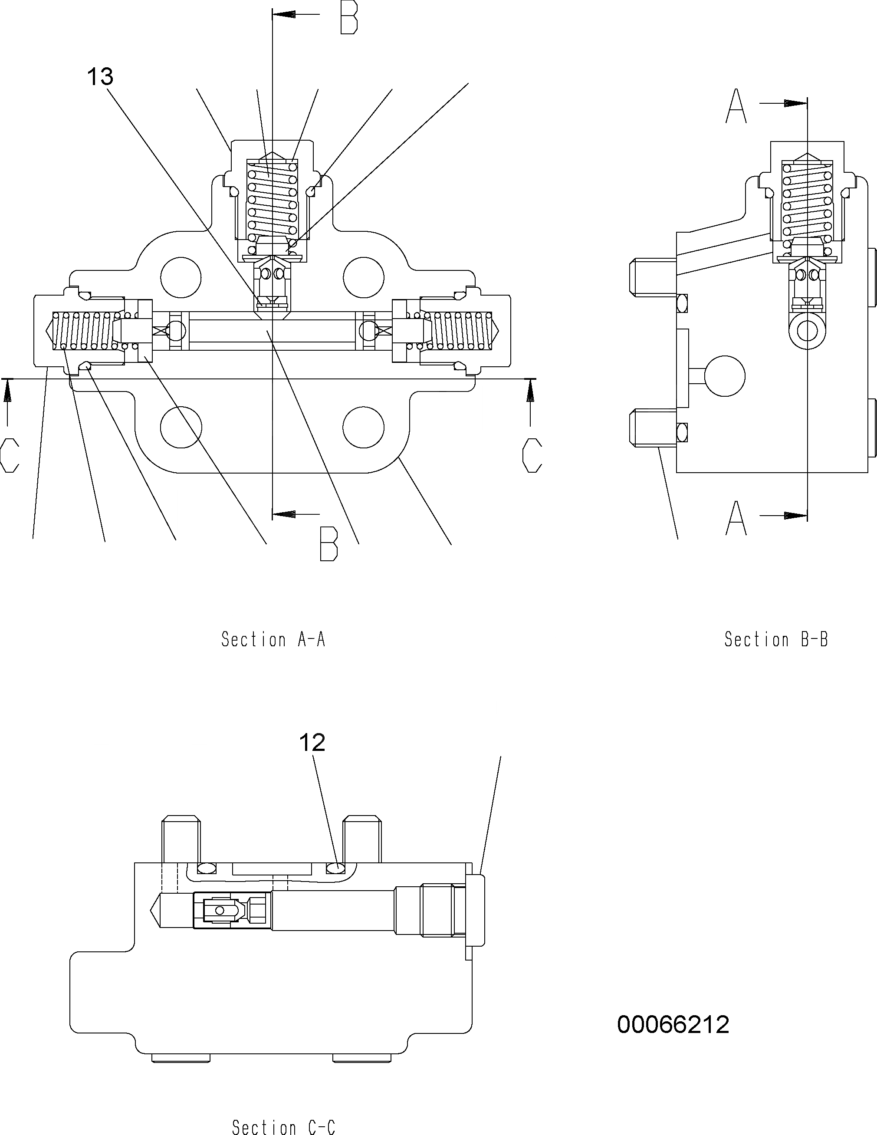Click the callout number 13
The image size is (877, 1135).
(x=100, y=77)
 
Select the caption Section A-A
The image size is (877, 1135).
(x=273, y=639)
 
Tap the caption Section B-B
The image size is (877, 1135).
(x=776, y=639)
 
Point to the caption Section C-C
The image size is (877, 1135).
(x=284, y=1125)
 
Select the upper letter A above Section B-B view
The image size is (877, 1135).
(x=736, y=106)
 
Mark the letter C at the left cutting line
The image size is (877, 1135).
(x=10, y=455)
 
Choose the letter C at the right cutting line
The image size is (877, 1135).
(x=532, y=455)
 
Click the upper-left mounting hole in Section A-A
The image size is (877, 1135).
(x=181, y=277)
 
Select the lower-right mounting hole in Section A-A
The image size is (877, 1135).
(x=363, y=427)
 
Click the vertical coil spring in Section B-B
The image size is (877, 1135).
(x=808, y=200)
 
